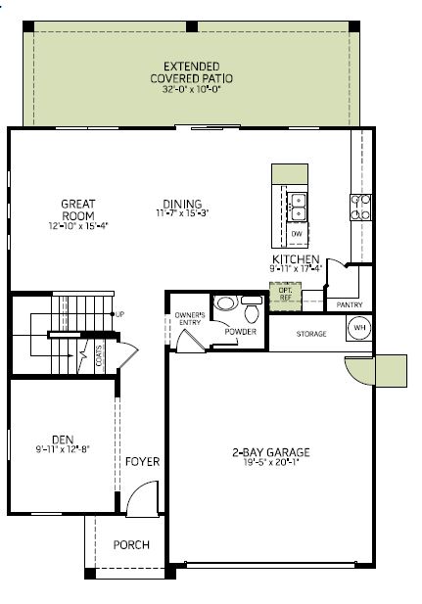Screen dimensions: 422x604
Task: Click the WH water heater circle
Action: (x=359, y=328)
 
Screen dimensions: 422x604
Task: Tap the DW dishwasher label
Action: (x=297, y=233)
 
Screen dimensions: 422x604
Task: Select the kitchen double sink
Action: (x=298, y=208)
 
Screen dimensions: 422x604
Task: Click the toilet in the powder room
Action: (x=252, y=308)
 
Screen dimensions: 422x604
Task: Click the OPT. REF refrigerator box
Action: (x=285, y=297)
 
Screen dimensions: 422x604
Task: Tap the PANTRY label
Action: (x=350, y=304)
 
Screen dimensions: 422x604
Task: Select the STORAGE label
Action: (x=311, y=334)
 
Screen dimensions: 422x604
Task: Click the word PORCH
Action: (x=131, y=544)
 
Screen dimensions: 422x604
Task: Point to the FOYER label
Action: (x=143, y=461)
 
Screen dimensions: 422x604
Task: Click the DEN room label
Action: (x=63, y=440)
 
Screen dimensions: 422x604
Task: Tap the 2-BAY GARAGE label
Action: (x=271, y=452)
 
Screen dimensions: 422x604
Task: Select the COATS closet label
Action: (x=100, y=355)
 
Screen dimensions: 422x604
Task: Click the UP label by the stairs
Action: (x=119, y=314)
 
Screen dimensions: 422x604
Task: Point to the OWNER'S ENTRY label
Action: (x=190, y=318)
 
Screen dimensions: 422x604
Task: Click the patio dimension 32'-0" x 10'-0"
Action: (x=192, y=89)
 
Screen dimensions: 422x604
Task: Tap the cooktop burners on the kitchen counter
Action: (x=360, y=208)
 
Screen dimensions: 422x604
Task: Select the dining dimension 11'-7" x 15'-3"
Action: (x=182, y=213)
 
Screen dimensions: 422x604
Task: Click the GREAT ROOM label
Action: (x=78, y=209)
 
